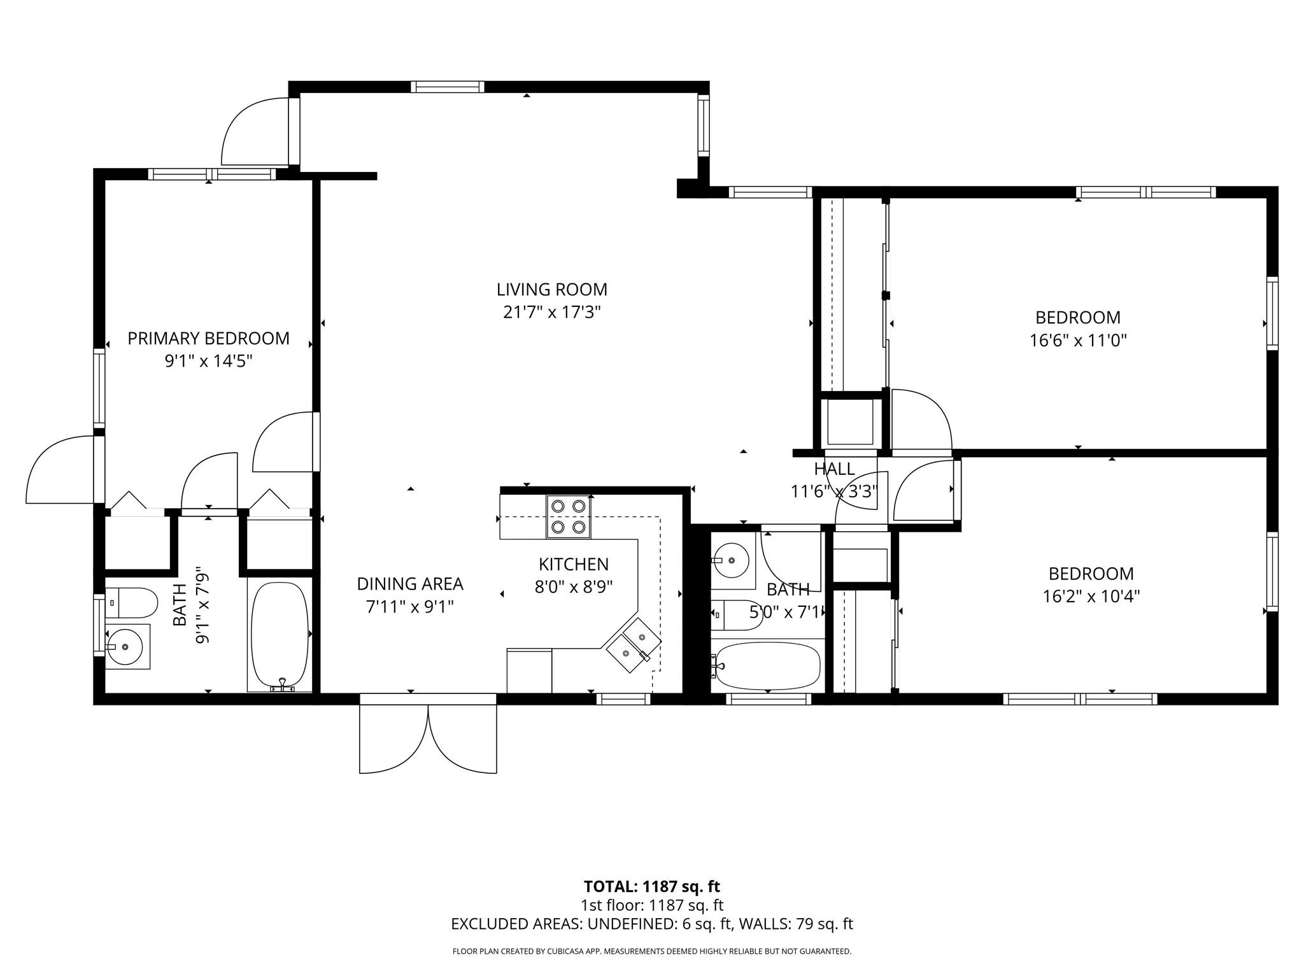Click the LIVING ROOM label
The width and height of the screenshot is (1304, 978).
tap(551, 290)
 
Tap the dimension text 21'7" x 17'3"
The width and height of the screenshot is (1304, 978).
tap(551, 313)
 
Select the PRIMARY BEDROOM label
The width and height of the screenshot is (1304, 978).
tap(208, 338)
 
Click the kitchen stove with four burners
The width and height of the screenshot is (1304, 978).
tap(568, 516)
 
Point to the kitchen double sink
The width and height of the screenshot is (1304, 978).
tap(633, 644)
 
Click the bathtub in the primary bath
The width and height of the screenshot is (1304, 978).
tap(280, 635)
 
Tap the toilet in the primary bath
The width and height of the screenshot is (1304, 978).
tap(131, 602)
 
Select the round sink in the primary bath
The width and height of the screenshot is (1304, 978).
tap(126, 646)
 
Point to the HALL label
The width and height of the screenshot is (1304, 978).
tap(834, 469)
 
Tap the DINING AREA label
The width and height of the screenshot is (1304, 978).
tap(409, 584)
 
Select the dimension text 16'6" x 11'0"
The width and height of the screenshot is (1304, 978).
tap(1078, 341)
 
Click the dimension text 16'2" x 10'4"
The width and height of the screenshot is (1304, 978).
tap(1091, 597)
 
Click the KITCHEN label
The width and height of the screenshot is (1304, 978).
tap(573, 564)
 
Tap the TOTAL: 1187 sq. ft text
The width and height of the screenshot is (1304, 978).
tap(651, 886)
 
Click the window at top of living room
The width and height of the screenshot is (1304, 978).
tap(447, 87)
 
